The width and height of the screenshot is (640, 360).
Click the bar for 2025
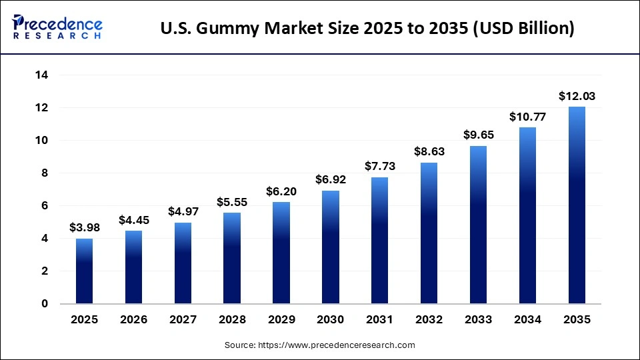(84, 271)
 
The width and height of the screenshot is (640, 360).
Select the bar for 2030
(331, 247)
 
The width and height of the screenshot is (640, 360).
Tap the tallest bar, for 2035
(577, 205)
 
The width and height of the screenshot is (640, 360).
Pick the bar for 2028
(232, 259)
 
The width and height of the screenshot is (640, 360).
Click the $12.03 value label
(577, 97)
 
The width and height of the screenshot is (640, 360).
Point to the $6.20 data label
(281, 191)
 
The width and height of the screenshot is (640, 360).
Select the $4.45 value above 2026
(133, 220)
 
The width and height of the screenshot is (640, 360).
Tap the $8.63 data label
(429, 151)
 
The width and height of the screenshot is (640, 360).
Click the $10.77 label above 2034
(527, 117)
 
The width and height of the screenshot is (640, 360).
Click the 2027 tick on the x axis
(183, 320)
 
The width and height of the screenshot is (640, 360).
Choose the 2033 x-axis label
(478, 320)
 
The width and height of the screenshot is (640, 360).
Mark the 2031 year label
(380, 320)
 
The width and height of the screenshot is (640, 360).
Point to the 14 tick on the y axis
(42, 75)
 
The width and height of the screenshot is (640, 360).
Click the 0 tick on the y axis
(45, 304)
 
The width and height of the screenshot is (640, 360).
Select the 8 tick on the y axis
(45, 173)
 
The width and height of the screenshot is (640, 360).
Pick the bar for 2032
(429, 233)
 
